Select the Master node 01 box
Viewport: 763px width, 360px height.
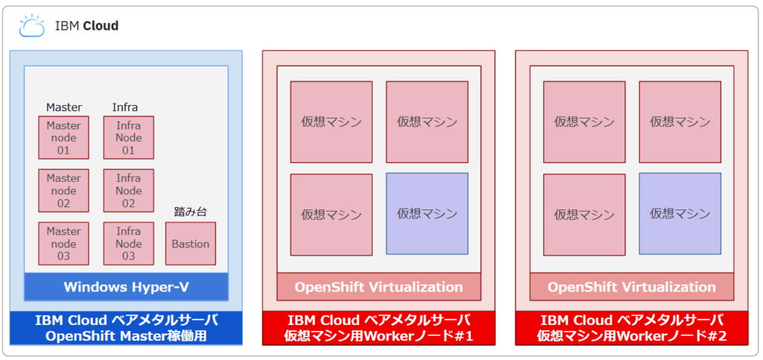tap(63, 138)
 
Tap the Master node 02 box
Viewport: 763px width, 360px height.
tap(63, 191)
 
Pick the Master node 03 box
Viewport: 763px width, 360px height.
tap(63, 244)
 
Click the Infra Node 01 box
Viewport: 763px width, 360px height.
tap(128, 138)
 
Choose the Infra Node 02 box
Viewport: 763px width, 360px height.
tap(128, 191)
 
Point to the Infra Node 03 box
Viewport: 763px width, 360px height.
tap(128, 244)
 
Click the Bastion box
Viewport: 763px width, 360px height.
tap(190, 244)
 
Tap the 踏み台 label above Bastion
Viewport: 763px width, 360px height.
tap(190, 212)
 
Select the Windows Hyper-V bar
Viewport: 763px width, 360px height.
tap(125, 287)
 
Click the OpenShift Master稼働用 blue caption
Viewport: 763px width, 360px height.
tap(126, 328)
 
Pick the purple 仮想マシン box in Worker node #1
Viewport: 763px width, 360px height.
tap(427, 214)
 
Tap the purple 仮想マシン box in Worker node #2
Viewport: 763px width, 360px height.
tap(680, 214)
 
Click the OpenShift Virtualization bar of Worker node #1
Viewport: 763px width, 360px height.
tap(379, 287)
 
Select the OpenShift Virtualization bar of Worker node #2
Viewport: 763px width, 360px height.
tap(632, 287)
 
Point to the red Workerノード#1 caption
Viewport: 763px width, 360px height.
tap(379, 328)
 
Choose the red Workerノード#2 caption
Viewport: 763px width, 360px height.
tap(632, 328)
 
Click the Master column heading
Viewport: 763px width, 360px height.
tap(64, 107)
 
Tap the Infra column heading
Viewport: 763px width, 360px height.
tap(125, 107)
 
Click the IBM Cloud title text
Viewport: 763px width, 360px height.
tap(86, 26)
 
